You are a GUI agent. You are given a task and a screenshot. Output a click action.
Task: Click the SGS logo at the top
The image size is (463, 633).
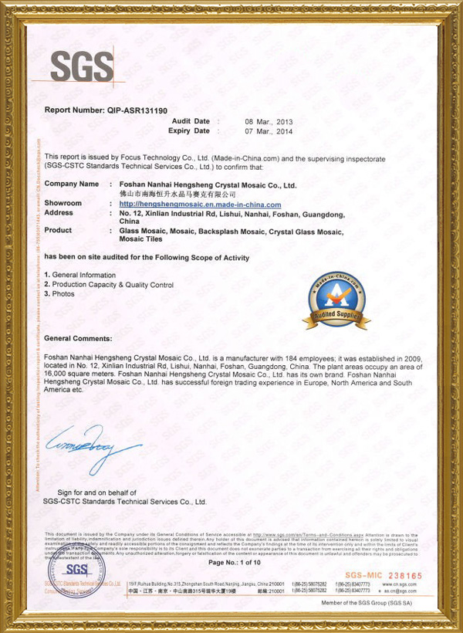click(x=82, y=67)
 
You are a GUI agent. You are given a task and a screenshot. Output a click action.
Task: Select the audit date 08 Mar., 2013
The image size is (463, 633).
click(x=269, y=122)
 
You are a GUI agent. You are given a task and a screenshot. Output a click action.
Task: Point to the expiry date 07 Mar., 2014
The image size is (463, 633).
click(x=269, y=131)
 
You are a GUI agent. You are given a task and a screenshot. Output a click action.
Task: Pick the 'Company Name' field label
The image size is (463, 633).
click(x=72, y=184)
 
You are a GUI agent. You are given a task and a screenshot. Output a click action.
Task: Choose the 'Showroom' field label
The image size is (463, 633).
click(x=63, y=203)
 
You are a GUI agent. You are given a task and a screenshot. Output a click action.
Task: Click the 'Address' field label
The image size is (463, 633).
click(x=59, y=212)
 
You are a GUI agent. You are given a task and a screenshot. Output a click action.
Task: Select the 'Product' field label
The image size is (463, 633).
click(x=59, y=231)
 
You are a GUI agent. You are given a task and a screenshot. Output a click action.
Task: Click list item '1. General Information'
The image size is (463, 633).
click(x=80, y=275)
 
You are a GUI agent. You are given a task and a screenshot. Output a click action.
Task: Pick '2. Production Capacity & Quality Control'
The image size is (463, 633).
click(x=109, y=285)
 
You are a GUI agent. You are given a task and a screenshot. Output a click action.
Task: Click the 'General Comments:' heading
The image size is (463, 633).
click(x=79, y=339)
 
